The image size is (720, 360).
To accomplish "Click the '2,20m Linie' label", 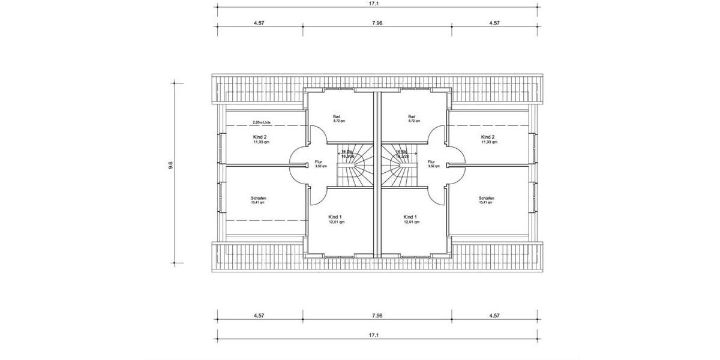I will [262, 122].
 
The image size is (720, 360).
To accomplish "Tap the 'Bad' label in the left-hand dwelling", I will [337, 116].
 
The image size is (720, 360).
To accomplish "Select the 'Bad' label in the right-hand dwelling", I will [412, 116].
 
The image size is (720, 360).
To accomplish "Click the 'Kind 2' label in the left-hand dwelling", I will [260, 137].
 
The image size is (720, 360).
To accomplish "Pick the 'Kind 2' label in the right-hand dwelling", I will [488, 137].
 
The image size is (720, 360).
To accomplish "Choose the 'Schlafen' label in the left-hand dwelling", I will [259, 198].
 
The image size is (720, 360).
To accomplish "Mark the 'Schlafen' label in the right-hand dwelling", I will [487, 198].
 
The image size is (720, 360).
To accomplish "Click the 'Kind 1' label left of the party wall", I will [335, 217].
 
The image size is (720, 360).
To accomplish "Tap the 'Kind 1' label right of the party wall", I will [410, 217].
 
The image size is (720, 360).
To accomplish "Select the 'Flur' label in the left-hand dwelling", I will [319, 162].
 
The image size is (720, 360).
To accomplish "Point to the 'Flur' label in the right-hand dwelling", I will [431, 162].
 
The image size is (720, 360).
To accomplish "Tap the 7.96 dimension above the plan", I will [377, 23].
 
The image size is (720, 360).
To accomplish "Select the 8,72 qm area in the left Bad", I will [339, 121].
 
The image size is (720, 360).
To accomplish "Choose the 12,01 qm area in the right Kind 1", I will [412, 222].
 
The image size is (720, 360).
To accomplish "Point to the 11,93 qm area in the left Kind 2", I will [261, 142].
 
